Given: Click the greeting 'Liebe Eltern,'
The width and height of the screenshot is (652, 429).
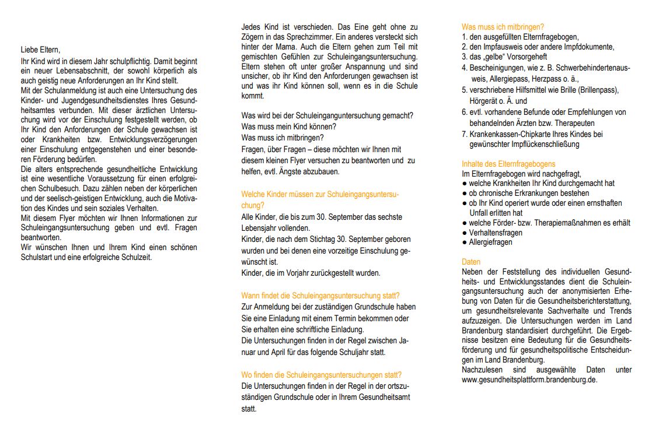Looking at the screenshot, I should tap(40, 50).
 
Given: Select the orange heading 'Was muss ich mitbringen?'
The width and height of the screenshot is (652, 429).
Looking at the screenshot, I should tap(503, 27).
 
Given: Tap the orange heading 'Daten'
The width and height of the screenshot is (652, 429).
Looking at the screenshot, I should tap(470, 262).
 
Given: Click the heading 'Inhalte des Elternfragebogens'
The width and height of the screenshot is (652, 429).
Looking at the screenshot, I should tap(508, 164).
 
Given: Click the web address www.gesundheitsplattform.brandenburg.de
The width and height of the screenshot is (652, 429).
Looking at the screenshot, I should tap(529, 379).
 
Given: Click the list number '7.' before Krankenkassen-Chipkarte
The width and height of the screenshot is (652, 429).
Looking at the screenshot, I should tap(465, 134).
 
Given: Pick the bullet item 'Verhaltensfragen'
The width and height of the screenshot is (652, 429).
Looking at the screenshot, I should tap(496, 233).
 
